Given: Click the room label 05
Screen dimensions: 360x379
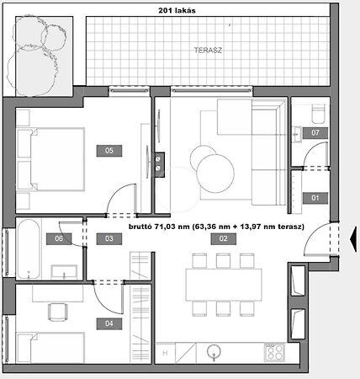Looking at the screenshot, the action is coord(109,151).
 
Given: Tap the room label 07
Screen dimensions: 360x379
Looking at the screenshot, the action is coord(315,132).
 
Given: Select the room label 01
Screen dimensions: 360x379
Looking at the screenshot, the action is coord(315,198).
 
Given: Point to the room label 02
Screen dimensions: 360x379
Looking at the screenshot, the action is coord(223,239).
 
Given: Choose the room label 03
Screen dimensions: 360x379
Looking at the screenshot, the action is coord(109,239).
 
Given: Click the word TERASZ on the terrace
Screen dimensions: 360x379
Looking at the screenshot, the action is coord(208,51).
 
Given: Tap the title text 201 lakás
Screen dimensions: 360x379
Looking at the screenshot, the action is coord(177,11).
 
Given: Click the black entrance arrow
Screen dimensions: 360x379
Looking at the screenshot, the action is coord(353,239).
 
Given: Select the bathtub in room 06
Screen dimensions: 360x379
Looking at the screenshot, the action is coord(28,248).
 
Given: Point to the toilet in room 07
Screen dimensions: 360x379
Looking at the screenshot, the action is coord(318,114).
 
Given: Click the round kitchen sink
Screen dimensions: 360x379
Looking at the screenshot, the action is coord(214,351).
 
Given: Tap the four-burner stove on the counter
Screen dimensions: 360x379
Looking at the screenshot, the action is coord(274,352).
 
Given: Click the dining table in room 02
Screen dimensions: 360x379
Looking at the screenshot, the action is coord(224,285).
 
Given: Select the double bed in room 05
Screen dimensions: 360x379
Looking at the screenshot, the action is coord(50,159).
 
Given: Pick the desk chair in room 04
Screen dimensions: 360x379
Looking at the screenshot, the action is coord(58,312).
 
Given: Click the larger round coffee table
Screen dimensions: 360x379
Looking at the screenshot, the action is coord(215,173).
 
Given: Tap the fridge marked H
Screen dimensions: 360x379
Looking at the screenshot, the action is coord(165,353).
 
